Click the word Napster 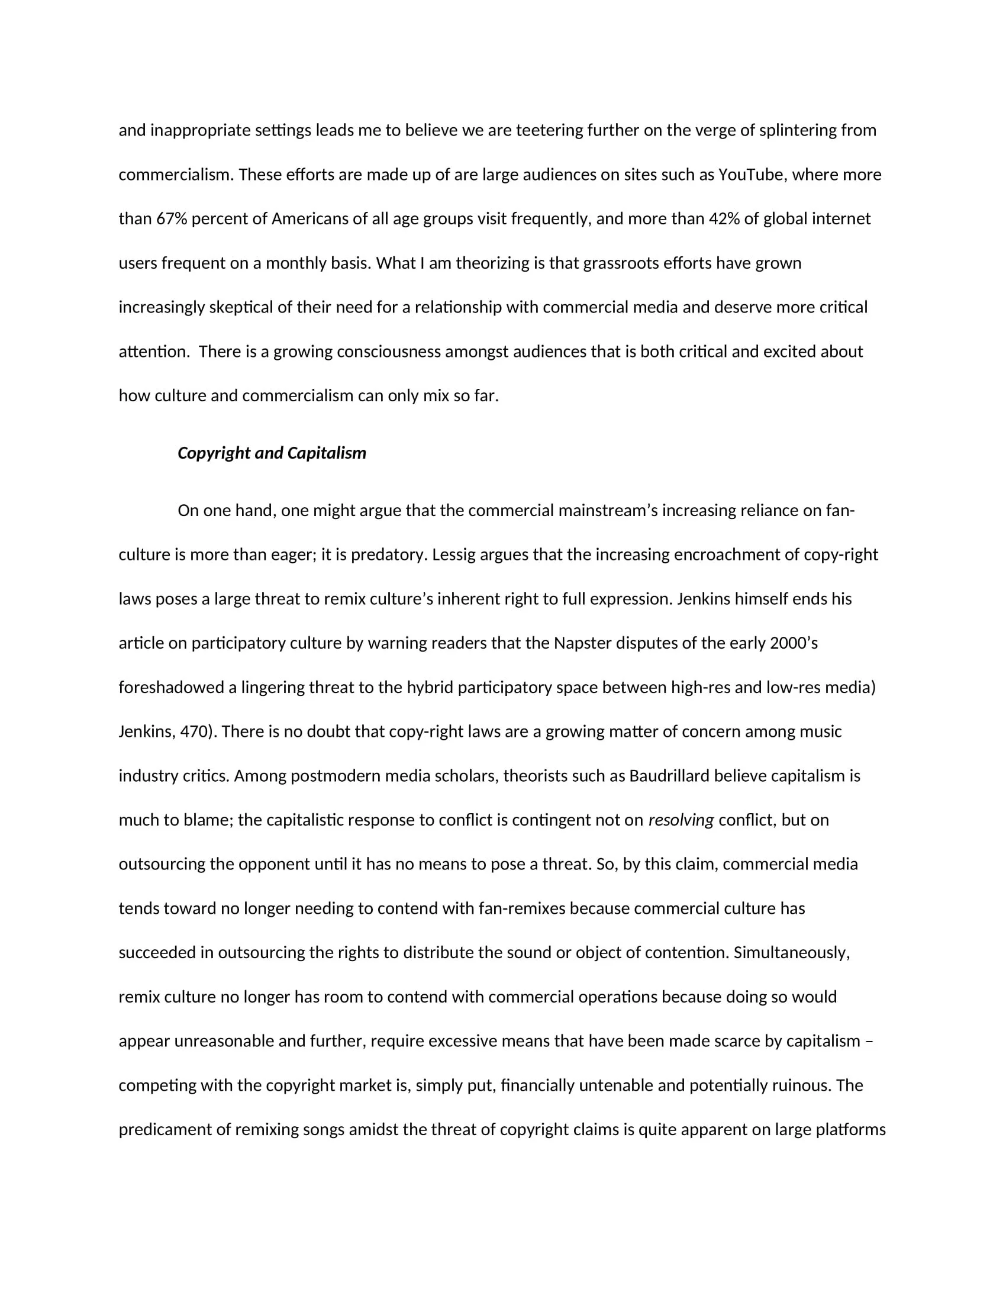(582, 643)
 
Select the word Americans (310, 219)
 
